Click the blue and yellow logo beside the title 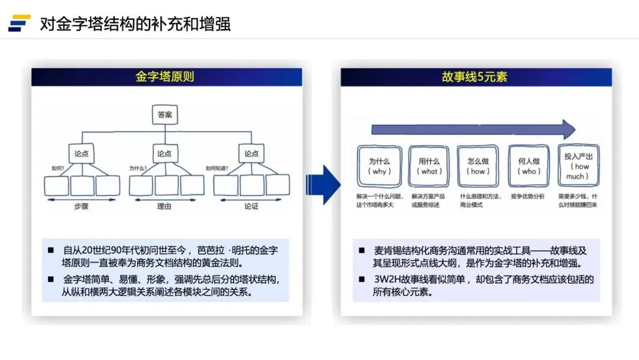coord(20,22)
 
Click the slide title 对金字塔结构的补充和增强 coord(135,24)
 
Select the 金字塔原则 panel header coord(166,77)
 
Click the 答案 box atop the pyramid coord(165,115)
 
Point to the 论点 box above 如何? coord(81,153)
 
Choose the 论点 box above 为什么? coord(165,153)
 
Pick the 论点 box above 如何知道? coord(251,153)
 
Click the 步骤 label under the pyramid coord(82,207)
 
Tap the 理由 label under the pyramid coord(165,207)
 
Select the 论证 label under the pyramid coord(251,207)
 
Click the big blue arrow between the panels coord(322,184)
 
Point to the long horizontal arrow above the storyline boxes coord(473,129)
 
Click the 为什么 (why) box coord(379,166)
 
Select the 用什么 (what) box coord(429,166)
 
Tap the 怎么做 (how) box coord(477,166)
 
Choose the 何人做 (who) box coord(529,166)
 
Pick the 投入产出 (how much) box coord(578,166)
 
